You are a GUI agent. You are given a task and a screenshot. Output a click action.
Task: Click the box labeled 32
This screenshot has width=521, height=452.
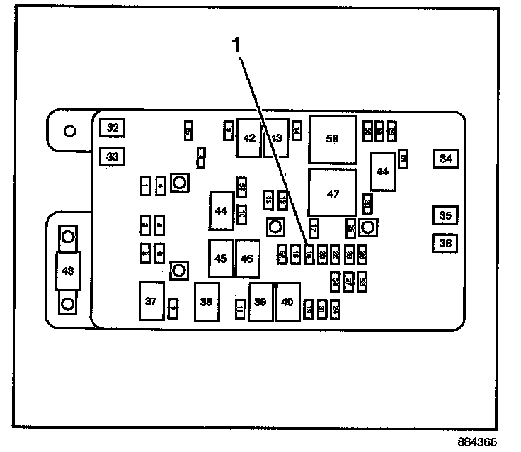click(113, 128)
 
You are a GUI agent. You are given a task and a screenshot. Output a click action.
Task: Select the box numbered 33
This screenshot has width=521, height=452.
click(113, 155)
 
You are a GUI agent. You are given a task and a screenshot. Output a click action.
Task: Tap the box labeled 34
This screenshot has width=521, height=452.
click(445, 159)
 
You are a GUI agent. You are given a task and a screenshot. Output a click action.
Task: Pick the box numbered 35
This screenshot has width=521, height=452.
click(445, 215)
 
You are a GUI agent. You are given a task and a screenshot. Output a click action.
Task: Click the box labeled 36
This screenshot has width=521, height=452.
click(445, 244)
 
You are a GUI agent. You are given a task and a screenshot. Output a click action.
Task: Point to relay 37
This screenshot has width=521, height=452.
click(150, 302)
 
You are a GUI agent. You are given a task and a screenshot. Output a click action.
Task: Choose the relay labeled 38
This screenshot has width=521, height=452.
click(206, 303)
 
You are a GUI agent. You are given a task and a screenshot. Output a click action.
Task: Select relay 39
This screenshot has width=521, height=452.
click(260, 303)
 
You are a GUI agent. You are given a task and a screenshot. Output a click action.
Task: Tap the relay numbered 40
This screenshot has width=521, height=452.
click(287, 303)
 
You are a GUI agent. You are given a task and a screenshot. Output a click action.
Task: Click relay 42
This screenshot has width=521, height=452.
click(249, 139)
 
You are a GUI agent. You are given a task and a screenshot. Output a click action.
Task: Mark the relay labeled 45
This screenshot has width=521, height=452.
click(221, 259)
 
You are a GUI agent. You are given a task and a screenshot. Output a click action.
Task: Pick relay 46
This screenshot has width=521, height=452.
click(247, 259)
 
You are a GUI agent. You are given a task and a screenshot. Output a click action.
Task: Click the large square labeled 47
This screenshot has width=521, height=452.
click(333, 193)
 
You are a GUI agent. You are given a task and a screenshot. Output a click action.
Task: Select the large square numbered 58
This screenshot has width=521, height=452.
click(332, 139)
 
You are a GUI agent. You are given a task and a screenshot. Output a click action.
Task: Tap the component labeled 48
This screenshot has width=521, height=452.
click(68, 270)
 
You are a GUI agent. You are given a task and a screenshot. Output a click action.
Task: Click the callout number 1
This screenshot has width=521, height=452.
click(238, 45)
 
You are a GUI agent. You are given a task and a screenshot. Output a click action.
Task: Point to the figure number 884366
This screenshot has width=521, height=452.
click(478, 441)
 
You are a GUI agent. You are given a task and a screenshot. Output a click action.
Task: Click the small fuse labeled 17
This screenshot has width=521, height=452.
click(314, 228)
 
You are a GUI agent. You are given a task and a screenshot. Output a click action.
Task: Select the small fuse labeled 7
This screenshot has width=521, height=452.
click(172, 308)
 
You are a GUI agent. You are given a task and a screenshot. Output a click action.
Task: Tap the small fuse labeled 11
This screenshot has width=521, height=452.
click(240, 309)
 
